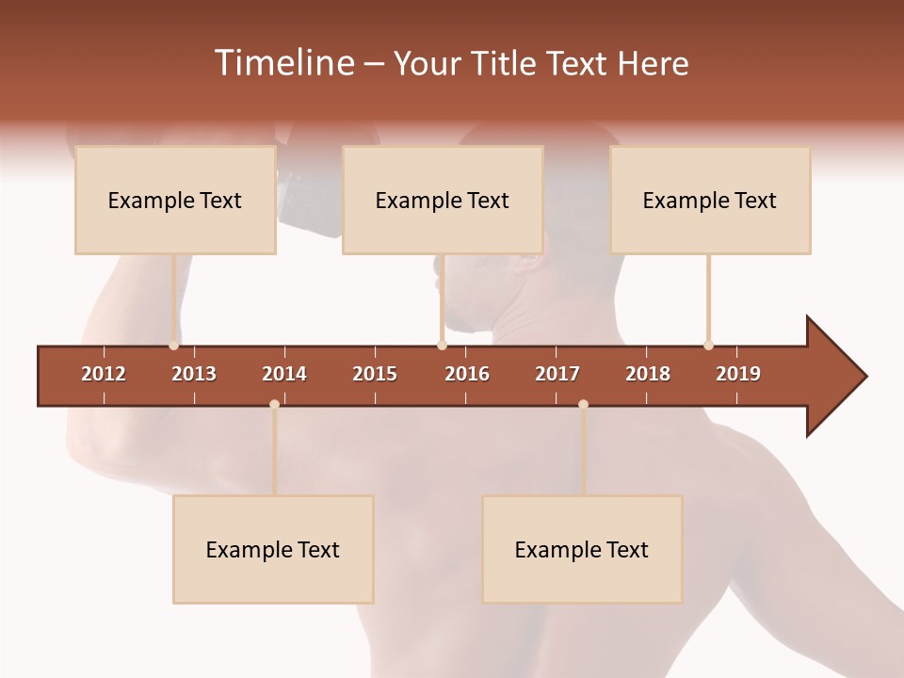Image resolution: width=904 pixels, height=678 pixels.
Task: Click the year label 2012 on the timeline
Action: pos(104,374)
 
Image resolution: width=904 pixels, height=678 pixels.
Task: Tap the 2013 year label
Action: pos(194,374)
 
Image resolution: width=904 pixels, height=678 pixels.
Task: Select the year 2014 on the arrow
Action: pos(284,374)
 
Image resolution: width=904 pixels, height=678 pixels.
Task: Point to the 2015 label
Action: pos(375,374)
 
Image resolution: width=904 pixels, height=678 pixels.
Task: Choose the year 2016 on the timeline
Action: pos(467,374)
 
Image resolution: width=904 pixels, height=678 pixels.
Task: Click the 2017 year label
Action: pos(557,374)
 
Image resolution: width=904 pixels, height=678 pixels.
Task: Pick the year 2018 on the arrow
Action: pos(648,374)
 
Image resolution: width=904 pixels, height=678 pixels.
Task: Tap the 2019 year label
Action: pos(738,374)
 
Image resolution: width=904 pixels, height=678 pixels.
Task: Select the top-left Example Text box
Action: pos(175,201)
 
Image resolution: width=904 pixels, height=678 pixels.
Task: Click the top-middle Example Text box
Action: pos(443,201)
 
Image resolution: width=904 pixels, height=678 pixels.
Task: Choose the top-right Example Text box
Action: pos(710,201)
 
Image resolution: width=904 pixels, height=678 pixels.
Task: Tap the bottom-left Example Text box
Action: pos(273,550)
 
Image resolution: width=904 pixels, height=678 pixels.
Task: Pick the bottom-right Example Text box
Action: pos(582,550)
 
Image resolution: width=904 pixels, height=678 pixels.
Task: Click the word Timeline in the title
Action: pos(282,63)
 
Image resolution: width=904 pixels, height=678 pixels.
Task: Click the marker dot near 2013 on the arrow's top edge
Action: pos(173,346)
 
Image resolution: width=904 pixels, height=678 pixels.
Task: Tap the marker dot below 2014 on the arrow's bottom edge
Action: pos(274,405)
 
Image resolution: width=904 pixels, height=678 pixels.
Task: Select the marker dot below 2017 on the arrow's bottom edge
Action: pos(583,405)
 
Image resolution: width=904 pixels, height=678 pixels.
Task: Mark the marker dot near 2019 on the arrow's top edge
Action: pos(708,346)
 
